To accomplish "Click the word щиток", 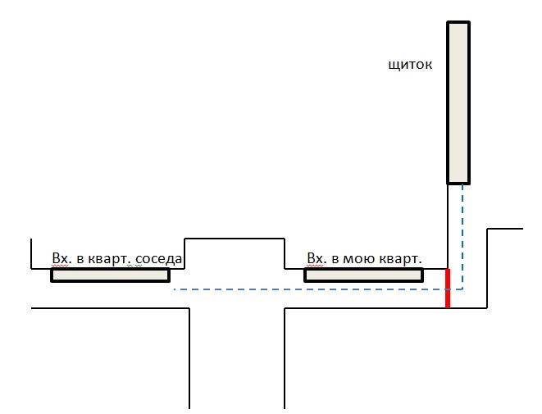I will (409, 63).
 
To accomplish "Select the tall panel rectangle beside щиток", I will (458, 102).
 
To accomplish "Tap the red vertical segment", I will (448, 287).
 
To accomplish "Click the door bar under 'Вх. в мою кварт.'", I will (363, 275).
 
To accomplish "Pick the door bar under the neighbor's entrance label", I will (110, 275).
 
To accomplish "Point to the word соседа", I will (159, 259).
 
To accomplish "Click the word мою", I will (359, 259).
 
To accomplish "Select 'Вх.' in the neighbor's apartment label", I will (61, 259).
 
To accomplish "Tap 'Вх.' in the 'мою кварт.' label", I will (316, 259).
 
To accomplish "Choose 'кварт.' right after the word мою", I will (400, 259).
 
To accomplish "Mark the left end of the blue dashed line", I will (175, 289).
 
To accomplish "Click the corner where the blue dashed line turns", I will (462, 289).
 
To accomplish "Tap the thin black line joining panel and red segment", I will (447, 225).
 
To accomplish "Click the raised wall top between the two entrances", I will (235, 239).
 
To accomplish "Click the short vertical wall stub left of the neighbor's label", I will (31, 253).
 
